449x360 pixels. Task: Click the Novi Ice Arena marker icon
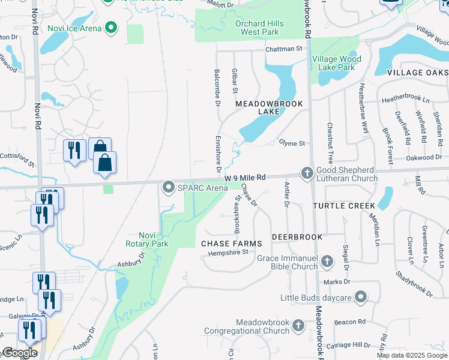110,27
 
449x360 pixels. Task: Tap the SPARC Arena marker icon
168,188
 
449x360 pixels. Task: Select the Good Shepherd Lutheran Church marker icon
307,173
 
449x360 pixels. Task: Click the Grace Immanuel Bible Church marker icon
327,262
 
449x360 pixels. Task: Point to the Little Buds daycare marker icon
360,297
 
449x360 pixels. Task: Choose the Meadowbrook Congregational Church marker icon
298,326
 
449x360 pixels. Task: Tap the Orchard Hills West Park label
260,28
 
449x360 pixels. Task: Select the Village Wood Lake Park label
336,63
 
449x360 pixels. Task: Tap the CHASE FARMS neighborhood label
231,243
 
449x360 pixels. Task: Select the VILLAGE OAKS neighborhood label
417,72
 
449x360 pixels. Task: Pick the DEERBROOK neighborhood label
297,237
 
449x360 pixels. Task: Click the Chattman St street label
284,49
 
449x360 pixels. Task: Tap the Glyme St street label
292,143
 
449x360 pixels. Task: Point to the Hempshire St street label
228,253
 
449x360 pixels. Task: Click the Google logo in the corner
19,353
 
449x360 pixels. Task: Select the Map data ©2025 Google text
411,355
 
